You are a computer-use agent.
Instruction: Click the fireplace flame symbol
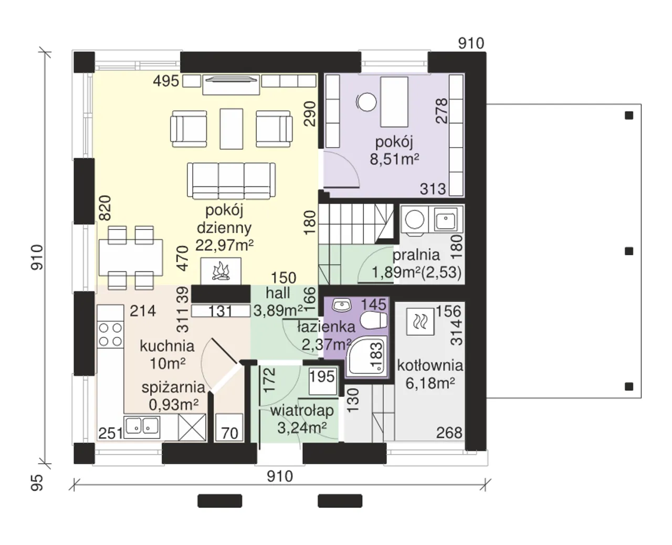click(221, 271)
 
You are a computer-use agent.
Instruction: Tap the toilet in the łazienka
click(374, 320)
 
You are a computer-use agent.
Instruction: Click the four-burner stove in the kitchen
click(110, 334)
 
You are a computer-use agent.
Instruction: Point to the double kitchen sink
click(142, 426)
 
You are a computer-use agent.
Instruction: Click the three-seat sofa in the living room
click(231, 181)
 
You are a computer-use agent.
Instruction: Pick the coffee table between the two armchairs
click(231, 129)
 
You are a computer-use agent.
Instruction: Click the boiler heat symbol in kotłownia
click(420, 321)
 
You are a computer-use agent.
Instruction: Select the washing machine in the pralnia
click(415, 219)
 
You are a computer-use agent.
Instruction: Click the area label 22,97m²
click(224, 245)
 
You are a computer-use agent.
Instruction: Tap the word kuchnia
click(167, 346)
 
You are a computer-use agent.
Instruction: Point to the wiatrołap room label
click(302, 411)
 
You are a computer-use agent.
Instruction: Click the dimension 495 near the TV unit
click(166, 81)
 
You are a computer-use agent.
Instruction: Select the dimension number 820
click(105, 208)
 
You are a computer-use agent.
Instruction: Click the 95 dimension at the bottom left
click(37, 483)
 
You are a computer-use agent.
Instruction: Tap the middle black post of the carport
click(629, 251)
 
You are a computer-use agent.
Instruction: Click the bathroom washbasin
click(342, 305)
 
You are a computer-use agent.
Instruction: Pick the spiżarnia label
click(173, 387)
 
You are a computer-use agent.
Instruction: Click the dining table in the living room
click(131, 257)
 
